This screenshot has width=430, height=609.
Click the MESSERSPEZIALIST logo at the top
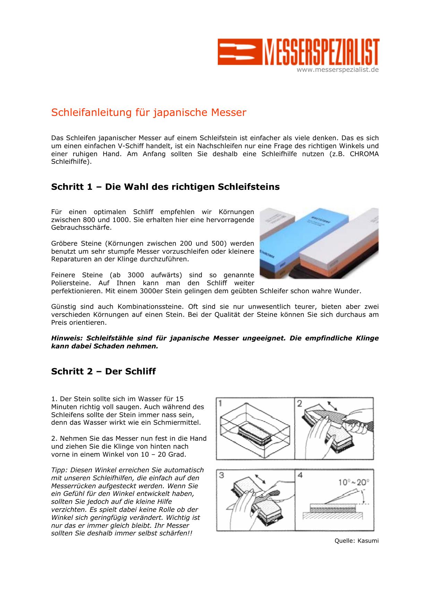(298, 52)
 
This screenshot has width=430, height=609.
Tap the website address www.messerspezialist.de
(337, 70)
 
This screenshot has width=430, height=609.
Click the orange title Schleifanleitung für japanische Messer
(148, 113)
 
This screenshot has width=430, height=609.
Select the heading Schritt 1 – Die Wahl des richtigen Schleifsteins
(165, 187)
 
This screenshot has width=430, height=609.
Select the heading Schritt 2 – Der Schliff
(103, 372)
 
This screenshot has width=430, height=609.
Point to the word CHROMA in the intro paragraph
(364, 154)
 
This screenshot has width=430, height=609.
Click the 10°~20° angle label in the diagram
(354, 482)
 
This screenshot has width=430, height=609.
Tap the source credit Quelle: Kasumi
(356, 541)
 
